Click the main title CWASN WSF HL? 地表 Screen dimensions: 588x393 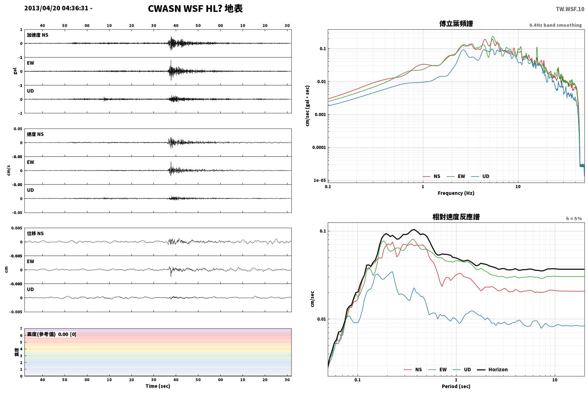coord(195,9)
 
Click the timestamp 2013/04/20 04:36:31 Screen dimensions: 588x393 coord(56,8)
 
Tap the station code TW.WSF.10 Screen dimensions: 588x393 coord(570,9)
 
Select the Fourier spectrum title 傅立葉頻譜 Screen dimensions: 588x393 coord(456,24)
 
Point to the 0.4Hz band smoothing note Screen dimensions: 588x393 coord(555,25)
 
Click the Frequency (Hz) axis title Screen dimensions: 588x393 coord(456,193)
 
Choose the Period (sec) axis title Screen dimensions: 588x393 coord(456,386)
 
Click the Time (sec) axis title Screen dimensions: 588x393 coord(158,386)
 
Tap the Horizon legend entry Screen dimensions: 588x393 coord(492,369)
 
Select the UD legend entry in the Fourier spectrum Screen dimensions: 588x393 coord(480,176)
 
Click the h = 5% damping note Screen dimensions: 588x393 coord(574,218)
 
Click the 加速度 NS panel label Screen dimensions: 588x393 coord(37,35)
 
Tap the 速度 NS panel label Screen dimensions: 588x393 coord(35,134)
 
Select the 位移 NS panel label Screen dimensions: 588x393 coord(35,233)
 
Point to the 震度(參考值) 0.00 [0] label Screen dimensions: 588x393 coord(52,334)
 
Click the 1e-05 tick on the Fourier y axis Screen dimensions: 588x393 coord(320,180)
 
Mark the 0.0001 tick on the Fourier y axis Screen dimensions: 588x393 coord(319,147)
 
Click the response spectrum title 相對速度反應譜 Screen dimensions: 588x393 coord(456,217)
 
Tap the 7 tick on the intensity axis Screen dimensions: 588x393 coord(21,329)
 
